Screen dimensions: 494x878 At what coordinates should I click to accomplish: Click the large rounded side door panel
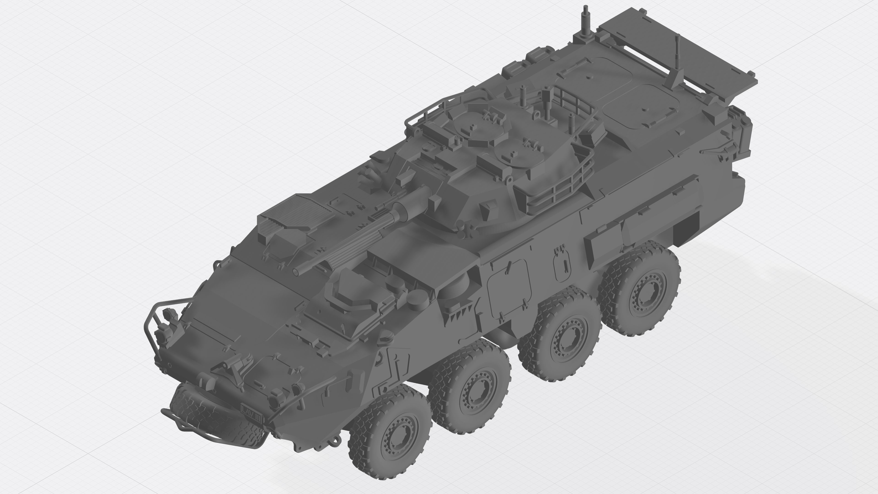(x=509, y=287)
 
